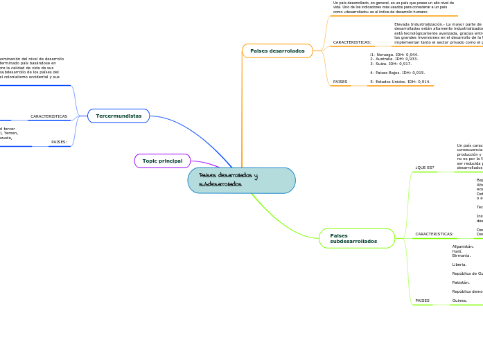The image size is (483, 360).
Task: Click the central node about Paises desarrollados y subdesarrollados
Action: [x=241, y=180]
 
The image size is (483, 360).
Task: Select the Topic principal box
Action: [x=162, y=161]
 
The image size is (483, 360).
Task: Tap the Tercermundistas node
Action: [x=118, y=116]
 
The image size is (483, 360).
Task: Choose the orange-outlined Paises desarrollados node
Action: [x=277, y=51]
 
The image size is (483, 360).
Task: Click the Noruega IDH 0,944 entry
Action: [x=394, y=55]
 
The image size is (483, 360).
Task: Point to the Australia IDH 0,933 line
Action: [x=394, y=59]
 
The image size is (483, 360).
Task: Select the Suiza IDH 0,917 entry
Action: [x=390, y=64]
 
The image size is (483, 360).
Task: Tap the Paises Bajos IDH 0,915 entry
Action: [x=397, y=73]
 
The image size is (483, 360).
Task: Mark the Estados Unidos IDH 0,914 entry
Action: [x=400, y=82]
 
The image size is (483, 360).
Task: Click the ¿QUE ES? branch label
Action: [x=425, y=168]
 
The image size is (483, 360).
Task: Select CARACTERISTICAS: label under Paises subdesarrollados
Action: [x=434, y=234]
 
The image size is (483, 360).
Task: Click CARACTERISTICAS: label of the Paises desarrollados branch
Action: [x=352, y=42]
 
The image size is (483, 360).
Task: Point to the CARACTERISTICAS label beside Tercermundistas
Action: [x=49, y=116]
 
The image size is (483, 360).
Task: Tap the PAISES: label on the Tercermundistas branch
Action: [x=59, y=142]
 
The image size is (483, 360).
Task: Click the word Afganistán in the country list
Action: [x=462, y=246]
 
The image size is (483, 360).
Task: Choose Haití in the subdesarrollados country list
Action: [x=457, y=251]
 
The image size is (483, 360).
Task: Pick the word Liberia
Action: [x=459, y=264]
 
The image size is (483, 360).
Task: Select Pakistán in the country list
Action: [x=461, y=282]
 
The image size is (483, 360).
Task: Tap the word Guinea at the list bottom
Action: [x=459, y=300]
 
